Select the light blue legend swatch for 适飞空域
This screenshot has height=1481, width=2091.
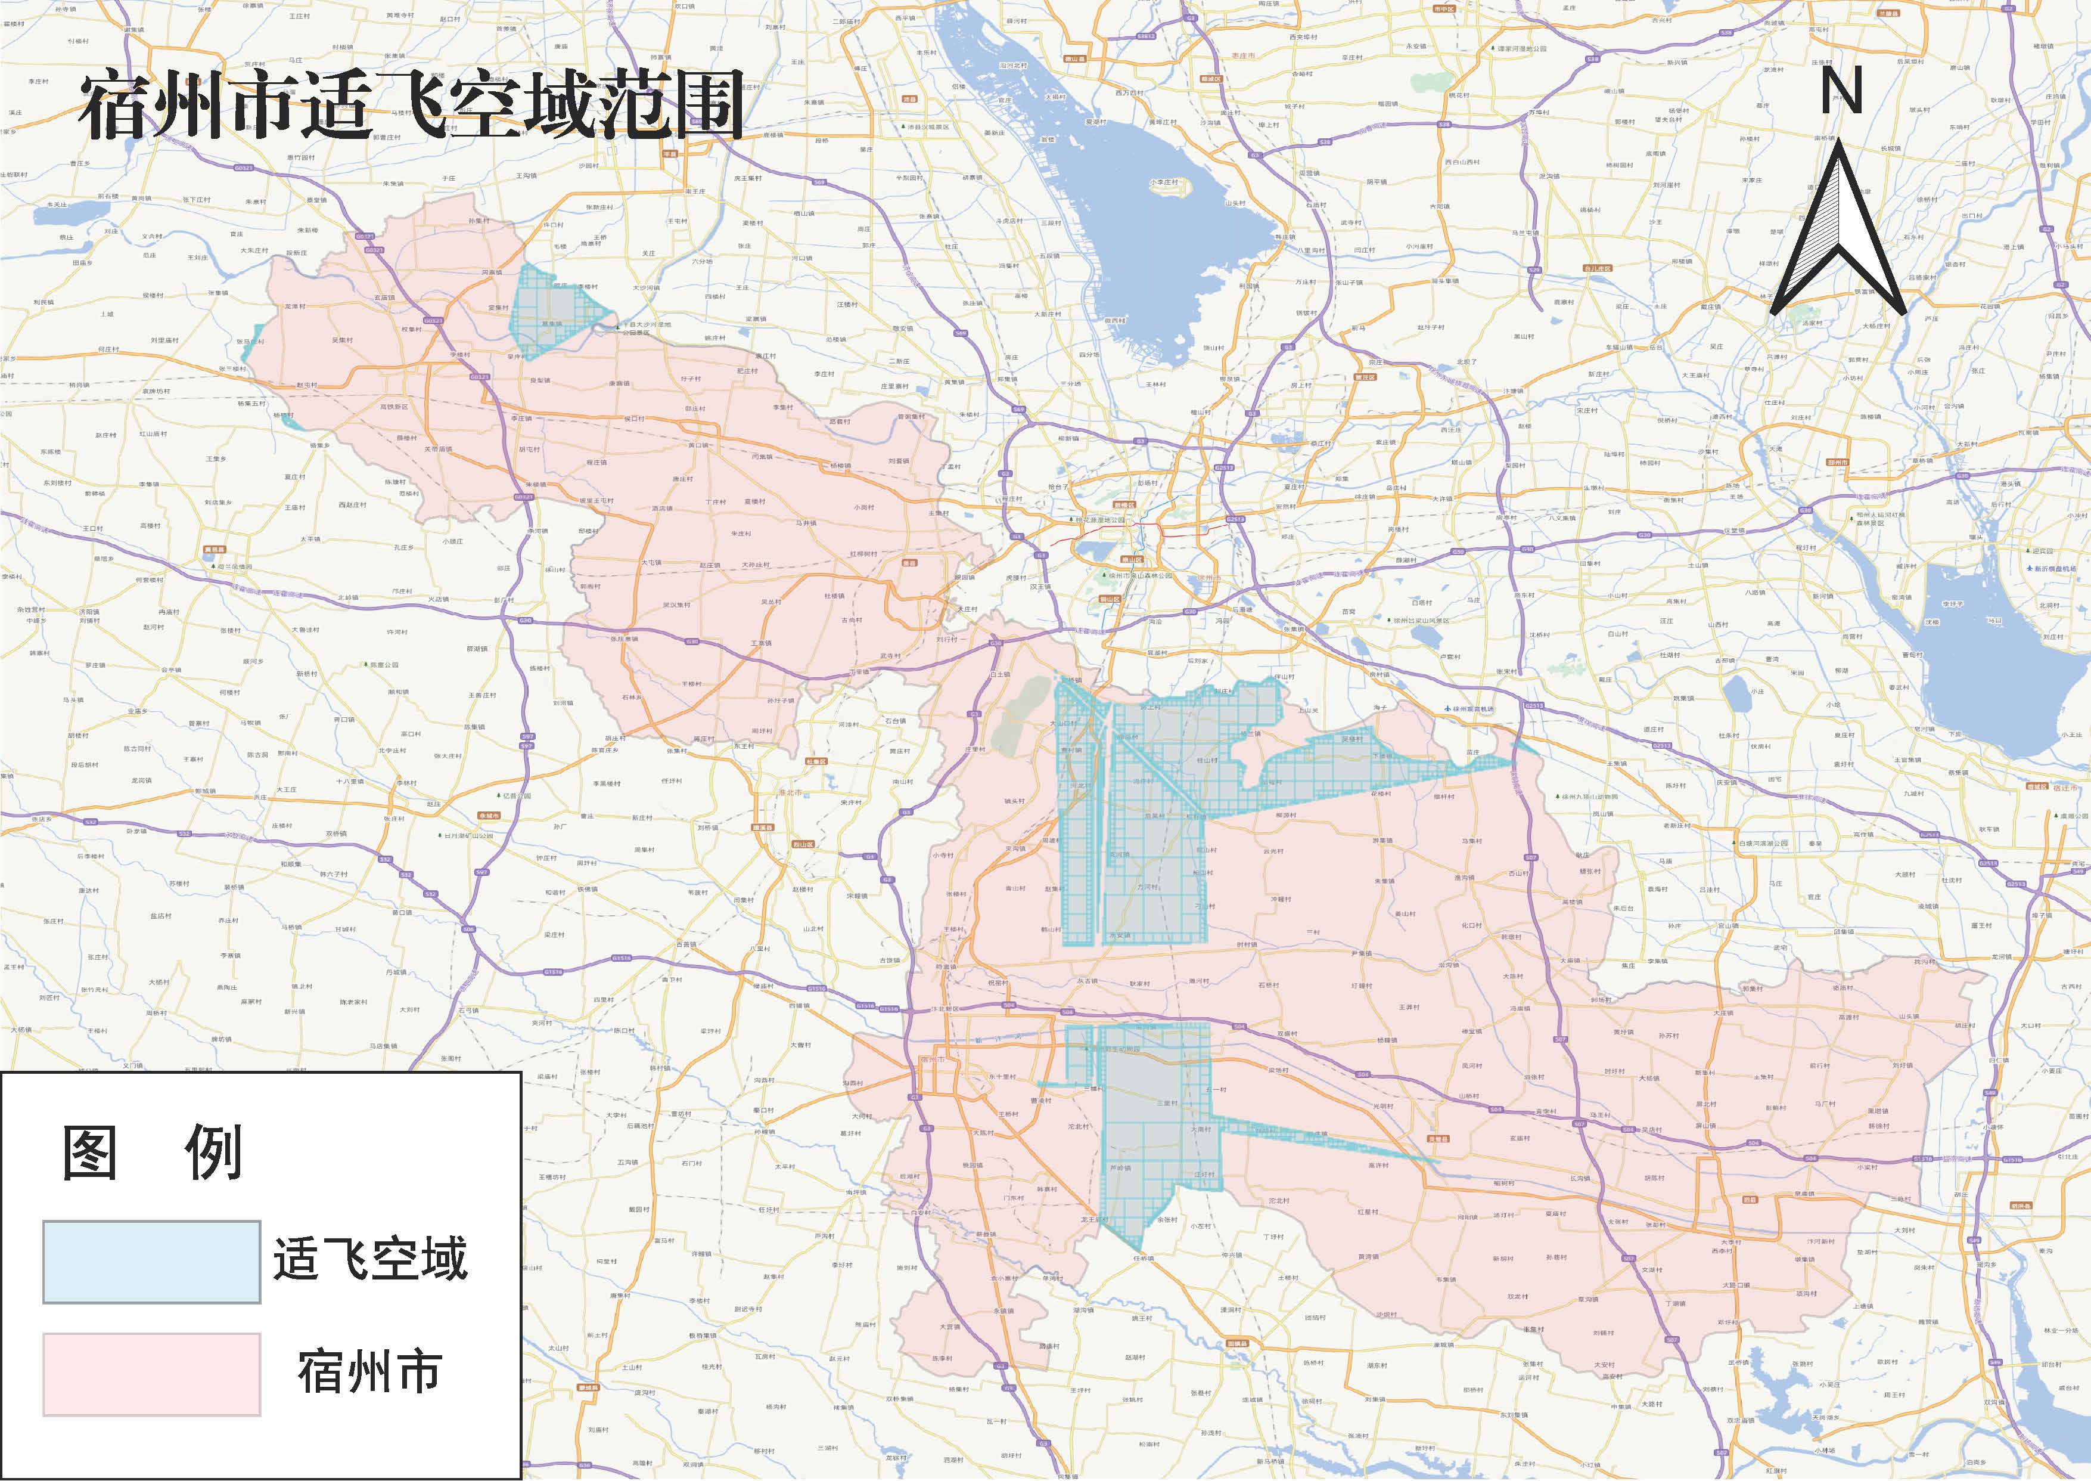151,1261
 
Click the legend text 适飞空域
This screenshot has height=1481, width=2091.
370,1259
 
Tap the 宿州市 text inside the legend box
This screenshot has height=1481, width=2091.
370,1372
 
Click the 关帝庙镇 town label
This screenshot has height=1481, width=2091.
437,449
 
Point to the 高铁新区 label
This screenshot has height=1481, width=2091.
394,407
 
